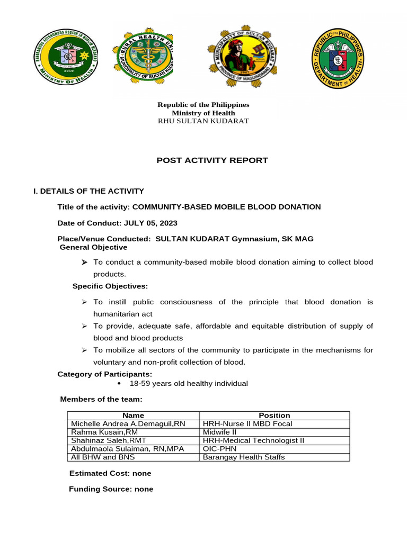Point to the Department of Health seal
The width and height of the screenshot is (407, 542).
coord(337,58)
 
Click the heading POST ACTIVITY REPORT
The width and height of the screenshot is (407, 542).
coord(212,160)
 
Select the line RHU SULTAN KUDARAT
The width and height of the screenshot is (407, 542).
coord(203,121)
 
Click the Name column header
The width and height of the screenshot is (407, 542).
coord(133,415)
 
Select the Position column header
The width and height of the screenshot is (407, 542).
coord(274,415)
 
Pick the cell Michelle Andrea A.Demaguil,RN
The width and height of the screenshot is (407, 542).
coord(128,423)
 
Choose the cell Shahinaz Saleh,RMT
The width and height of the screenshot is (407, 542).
coord(109,440)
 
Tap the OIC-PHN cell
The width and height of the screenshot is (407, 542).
coord(218,448)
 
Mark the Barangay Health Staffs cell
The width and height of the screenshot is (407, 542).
coord(244,457)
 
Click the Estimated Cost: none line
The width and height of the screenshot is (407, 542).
coord(110,473)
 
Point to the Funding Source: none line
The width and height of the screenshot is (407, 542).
coord(111,489)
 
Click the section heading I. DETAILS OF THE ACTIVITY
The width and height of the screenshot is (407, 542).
coord(89,191)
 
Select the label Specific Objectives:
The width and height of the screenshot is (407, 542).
coord(110,286)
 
